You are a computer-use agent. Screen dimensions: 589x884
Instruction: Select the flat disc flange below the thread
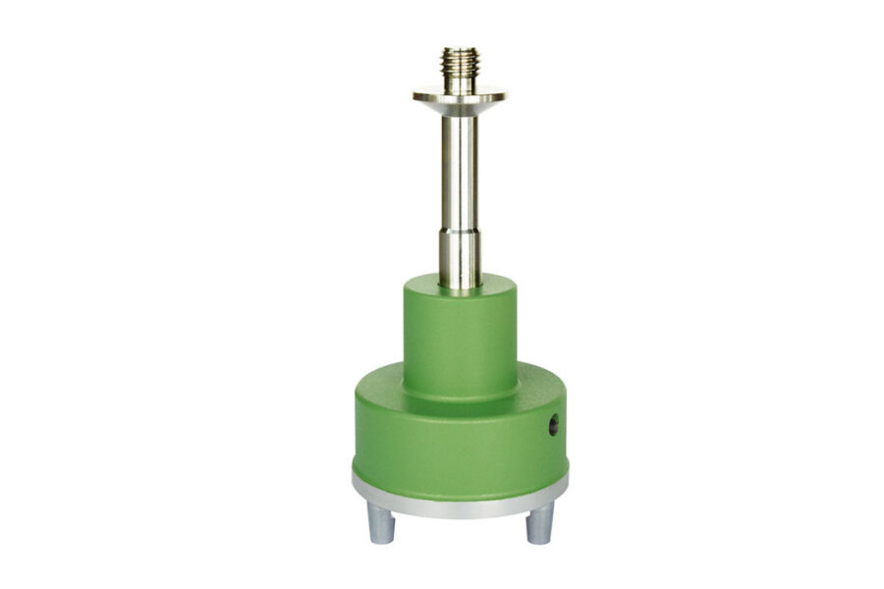[459, 96]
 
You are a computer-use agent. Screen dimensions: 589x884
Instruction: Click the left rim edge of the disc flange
[415, 95]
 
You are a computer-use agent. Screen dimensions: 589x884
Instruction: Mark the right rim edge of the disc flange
[503, 95]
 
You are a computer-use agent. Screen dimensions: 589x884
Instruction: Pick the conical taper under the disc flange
[459, 108]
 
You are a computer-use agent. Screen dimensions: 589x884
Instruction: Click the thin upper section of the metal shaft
[459, 167]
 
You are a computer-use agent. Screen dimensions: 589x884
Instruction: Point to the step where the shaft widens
[459, 230]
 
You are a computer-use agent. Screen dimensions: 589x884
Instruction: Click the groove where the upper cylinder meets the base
[460, 401]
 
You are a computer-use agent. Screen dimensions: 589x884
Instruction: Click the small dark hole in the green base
[553, 424]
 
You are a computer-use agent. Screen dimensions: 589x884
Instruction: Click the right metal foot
[538, 524]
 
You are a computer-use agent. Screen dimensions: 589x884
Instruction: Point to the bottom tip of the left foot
[381, 539]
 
